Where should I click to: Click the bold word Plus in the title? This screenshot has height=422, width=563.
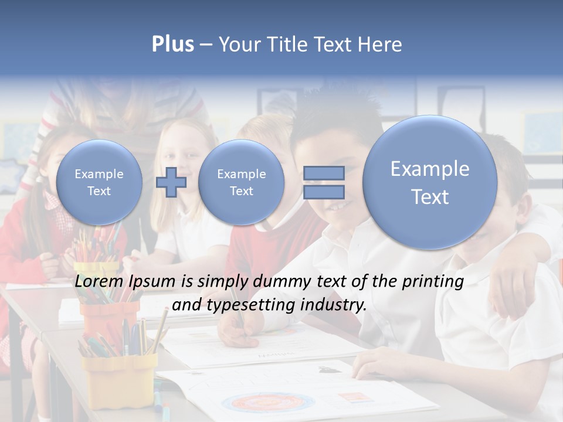(172, 45)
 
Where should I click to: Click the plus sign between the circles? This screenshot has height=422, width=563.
(171, 182)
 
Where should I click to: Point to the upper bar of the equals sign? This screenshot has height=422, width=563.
(324, 173)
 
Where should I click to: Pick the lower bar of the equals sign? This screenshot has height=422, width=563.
(324, 192)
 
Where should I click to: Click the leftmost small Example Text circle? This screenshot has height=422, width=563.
(99, 182)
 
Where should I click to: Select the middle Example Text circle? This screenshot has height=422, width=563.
(241, 182)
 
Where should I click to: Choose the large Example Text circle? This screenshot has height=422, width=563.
(430, 182)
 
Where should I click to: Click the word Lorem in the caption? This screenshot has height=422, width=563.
(97, 282)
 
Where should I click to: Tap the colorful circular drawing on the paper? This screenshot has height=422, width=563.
(267, 403)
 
